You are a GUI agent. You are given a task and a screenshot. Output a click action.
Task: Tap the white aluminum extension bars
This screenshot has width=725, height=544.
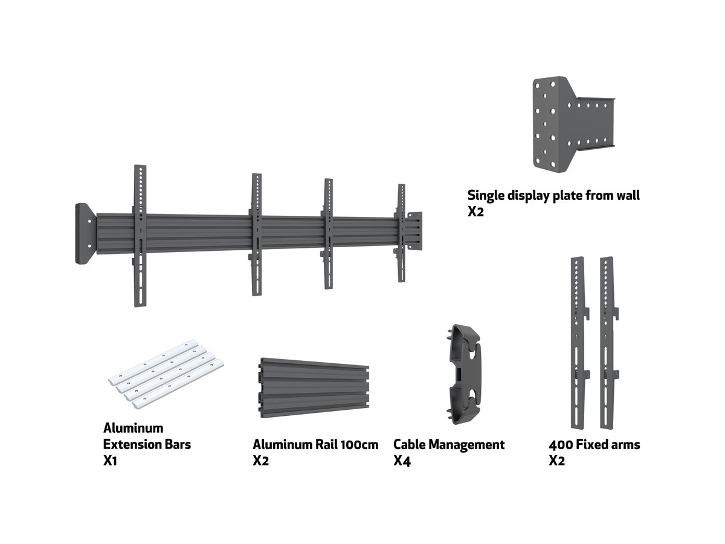tap(166, 372)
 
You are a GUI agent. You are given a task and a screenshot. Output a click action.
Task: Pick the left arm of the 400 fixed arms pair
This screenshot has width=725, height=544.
tap(578, 341)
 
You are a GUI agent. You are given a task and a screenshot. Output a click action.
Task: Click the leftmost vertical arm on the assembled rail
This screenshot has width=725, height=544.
tap(140, 236)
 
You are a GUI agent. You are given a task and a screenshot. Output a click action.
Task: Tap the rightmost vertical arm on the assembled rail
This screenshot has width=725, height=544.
tap(401, 233)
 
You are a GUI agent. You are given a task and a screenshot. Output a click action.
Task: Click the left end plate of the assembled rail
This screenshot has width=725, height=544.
tap(85, 233)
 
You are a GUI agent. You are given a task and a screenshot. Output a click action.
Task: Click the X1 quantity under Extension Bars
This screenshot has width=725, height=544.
tap(111, 461)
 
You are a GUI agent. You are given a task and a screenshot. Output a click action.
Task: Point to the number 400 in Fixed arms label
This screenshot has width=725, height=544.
tap(559, 445)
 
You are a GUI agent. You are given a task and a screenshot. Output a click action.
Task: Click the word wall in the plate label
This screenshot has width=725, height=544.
tap(626, 195)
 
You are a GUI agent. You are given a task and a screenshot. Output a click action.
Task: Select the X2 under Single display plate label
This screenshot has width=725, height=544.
tap(476, 212)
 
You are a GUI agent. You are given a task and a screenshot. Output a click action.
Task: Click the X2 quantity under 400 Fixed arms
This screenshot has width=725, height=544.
tap(557, 461)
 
